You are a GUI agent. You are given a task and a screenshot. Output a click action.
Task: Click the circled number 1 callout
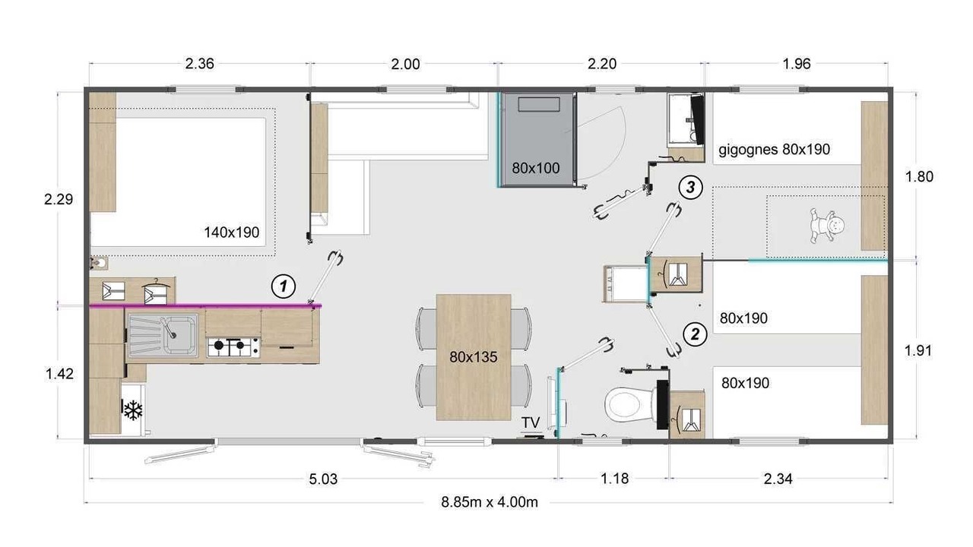click(284, 286)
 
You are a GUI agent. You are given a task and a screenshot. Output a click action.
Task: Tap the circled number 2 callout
click(695, 334)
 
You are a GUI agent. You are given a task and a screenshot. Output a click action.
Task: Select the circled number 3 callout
click(690, 188)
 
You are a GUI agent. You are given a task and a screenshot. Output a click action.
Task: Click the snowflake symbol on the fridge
click(133, 409)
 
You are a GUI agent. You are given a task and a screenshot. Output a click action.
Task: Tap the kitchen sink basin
click(178, 335)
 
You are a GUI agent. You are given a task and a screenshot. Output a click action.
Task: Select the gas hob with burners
click(233, 347)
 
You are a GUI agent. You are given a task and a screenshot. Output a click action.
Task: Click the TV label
click(531, 422)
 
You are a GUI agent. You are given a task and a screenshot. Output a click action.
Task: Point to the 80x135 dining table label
click(474, 357)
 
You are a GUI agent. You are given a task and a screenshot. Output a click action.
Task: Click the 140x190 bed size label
click(232, 232)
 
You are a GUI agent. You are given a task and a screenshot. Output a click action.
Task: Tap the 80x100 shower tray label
click(536, 168)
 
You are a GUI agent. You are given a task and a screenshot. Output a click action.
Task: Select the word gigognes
click(748, 150)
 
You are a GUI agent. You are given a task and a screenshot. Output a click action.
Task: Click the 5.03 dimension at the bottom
click(323, 479)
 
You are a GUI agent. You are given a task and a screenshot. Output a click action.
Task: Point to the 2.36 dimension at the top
click(199, 64)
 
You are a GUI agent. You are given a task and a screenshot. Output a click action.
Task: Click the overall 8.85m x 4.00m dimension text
click(490, 502)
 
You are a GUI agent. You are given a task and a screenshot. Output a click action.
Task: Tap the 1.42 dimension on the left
click(59, 374)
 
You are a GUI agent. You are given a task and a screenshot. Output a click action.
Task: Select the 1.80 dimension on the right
click(919, 177)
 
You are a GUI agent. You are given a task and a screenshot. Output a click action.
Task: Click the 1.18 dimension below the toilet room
click(614, 479)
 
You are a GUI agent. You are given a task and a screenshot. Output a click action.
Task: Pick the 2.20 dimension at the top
click(602, 64)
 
